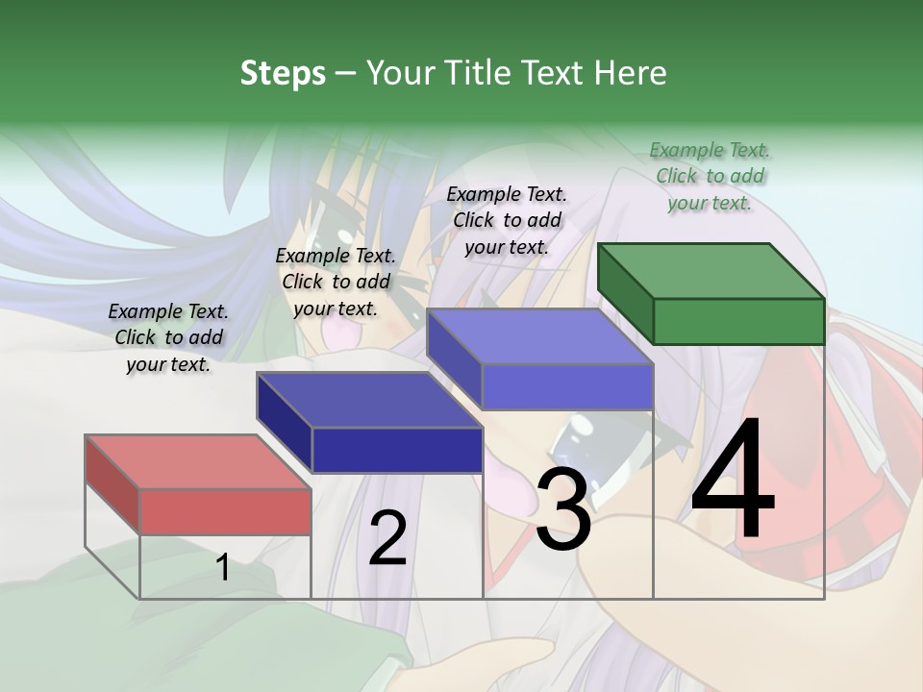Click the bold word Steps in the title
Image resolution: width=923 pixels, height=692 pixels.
click(x=283, y=73)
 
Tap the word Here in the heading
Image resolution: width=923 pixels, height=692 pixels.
click(x=628, y=73)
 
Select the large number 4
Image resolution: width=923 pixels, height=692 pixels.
click(x=733, y=481)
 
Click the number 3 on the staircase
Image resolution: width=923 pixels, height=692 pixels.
click(x=563, y=509)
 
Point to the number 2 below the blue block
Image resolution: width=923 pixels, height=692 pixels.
click(x=387, y=538)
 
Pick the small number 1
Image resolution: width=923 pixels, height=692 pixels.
click(x=223, y=568)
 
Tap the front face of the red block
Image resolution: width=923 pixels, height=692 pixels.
click(x=225, y=511)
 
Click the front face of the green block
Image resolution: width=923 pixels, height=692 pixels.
click(x=738, y=321)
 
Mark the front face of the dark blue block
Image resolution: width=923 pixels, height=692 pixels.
click(x=397, y=450)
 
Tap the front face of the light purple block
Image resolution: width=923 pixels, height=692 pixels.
click(x=567, y=386)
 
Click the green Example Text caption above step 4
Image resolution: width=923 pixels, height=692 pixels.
click(x=710, y=176)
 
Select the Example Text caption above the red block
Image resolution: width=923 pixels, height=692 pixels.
click(x=168, y=337)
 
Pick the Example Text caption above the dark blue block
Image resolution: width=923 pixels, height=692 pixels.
click(x=336, y=282)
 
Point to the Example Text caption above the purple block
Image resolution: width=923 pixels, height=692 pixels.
click(x=507, y=220)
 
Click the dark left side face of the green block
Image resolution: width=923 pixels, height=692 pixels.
click(x=625, y=293)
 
